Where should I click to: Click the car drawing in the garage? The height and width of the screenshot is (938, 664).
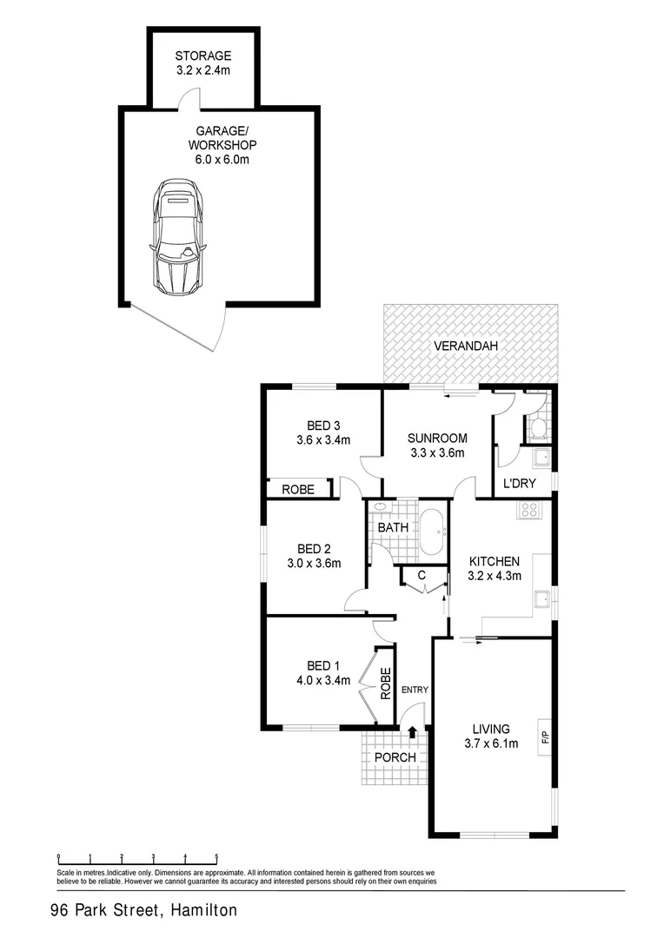point(177,235)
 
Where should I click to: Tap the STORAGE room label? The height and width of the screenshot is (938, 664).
point(203,56)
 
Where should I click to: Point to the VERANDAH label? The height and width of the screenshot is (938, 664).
point(467,347)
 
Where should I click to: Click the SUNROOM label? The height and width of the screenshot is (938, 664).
point(438,438)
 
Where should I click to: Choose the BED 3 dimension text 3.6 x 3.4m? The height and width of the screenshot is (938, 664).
point(323,439)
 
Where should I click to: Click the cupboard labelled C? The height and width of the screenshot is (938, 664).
point(421,574)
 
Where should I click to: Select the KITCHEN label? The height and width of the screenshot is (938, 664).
point(494,561)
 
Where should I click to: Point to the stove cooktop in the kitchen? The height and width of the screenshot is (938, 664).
point(529,511)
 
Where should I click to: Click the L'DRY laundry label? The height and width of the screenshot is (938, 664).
point(520,484)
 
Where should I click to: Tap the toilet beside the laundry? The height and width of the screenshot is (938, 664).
point(537,426)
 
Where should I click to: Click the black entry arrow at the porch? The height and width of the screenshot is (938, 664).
point(412,735)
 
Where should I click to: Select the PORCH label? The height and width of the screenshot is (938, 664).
point(395,757)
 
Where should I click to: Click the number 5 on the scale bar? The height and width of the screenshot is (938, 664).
point(216,856)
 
